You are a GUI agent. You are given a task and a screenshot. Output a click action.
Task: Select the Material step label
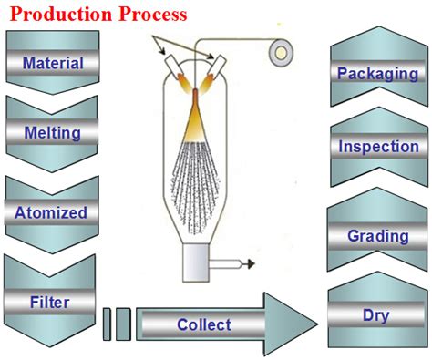[x=53, y=64]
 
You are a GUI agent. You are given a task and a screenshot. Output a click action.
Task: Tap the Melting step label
[x=53, y=133]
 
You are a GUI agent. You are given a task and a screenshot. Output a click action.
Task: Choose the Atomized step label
[x=51, y=213]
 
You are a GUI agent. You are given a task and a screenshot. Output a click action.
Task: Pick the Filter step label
[x=50, y=302]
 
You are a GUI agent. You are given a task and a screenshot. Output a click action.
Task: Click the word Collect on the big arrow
[x=204, y=324]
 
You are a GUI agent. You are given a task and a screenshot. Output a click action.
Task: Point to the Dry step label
[x=377, y=317]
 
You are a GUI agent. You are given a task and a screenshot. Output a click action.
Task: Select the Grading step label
[x=377, y=236]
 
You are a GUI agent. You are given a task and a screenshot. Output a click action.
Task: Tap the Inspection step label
[x=378, y=147]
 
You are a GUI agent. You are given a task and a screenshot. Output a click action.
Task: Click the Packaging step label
[x=377, y=72]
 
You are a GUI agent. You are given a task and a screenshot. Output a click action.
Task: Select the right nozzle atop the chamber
[x=216, y=65]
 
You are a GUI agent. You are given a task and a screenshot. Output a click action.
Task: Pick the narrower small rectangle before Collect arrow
[x=107, y=324]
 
